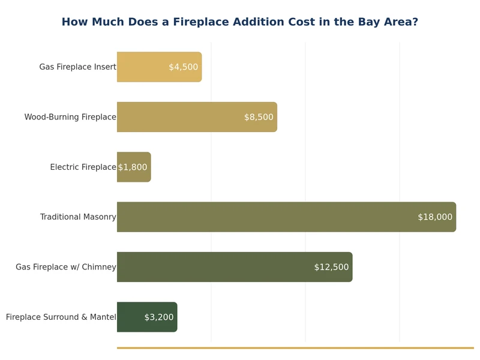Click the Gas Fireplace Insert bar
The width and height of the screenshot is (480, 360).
144,67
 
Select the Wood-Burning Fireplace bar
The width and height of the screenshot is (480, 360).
180,117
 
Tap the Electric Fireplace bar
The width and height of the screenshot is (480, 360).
134,167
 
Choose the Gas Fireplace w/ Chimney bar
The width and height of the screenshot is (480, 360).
216,267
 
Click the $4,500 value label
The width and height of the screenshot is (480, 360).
183,67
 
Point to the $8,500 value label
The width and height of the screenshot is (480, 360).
259,117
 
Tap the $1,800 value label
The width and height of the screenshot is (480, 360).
133,167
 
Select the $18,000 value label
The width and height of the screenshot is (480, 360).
435,217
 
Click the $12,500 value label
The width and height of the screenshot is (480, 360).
331,267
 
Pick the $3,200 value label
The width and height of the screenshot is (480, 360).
159,317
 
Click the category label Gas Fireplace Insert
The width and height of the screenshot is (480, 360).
77,67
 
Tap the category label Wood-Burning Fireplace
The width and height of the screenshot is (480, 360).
70,117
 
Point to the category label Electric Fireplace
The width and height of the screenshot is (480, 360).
83,167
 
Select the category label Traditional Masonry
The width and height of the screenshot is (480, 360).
78,217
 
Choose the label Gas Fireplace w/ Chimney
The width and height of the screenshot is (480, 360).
66,267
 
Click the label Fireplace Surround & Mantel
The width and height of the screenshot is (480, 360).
61,317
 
